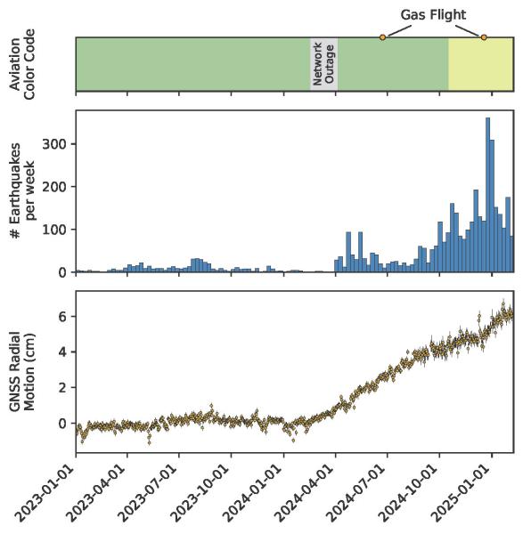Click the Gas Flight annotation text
[x=432, y=14]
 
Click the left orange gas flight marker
[x=383, y=37]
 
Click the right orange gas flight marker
[x=484, y=37]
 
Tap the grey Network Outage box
[x=324, y=63]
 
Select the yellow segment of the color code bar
[x=480, y=64]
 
